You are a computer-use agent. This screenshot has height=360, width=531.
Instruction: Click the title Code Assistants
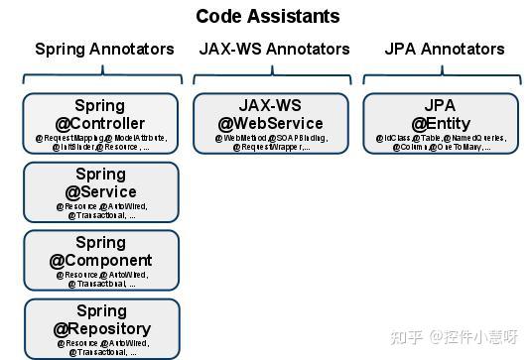click(x=267, y=16)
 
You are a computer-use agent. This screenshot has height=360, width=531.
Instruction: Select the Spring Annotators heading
click(x=104, y=49)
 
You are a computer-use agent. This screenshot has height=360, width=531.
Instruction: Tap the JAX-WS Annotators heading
click(x=274, y=49)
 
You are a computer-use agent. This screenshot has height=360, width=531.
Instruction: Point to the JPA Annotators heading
click(x=444, y=49)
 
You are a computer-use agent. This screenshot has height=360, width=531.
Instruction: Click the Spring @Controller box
click(x=100, y=123)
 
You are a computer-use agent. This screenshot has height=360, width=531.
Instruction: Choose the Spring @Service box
click(x=100, y=191)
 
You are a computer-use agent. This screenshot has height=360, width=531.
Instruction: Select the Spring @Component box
click(x=100, y=260)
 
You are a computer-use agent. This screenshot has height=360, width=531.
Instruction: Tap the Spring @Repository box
click(x=101, y=329)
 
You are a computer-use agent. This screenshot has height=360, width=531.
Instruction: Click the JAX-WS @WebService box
click(x=271, y=123)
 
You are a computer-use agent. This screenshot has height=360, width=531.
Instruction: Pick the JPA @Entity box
click(x=440, y=123)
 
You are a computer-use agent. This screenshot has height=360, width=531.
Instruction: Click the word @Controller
click(x=100, y=123)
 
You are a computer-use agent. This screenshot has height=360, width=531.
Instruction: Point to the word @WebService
click(x=271, y=123)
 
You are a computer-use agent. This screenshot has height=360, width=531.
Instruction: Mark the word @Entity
click(x=440, y=123)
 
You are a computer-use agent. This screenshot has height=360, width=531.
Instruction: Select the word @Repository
click(x=101, y=328)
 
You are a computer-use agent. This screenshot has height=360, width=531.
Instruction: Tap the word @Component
click(x=100, y=261)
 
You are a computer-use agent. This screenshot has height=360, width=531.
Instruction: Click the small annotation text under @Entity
click(x=440, y=142)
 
